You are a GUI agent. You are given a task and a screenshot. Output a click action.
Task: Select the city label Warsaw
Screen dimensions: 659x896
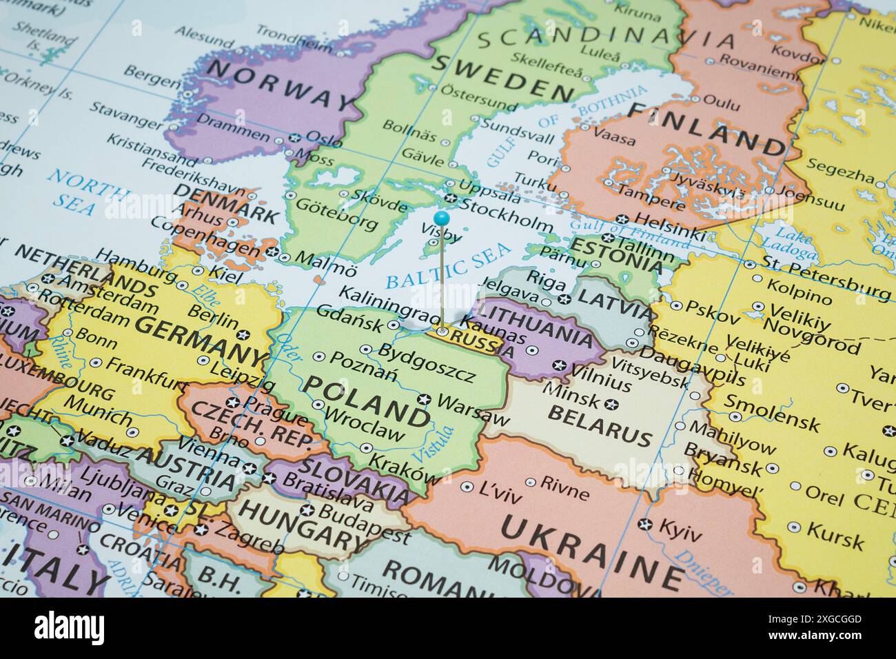coord(472,409)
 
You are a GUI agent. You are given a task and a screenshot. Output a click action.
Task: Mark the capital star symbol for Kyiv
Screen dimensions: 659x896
coord(645,525)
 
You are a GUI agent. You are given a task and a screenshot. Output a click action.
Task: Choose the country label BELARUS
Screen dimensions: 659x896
coord(599,425)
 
